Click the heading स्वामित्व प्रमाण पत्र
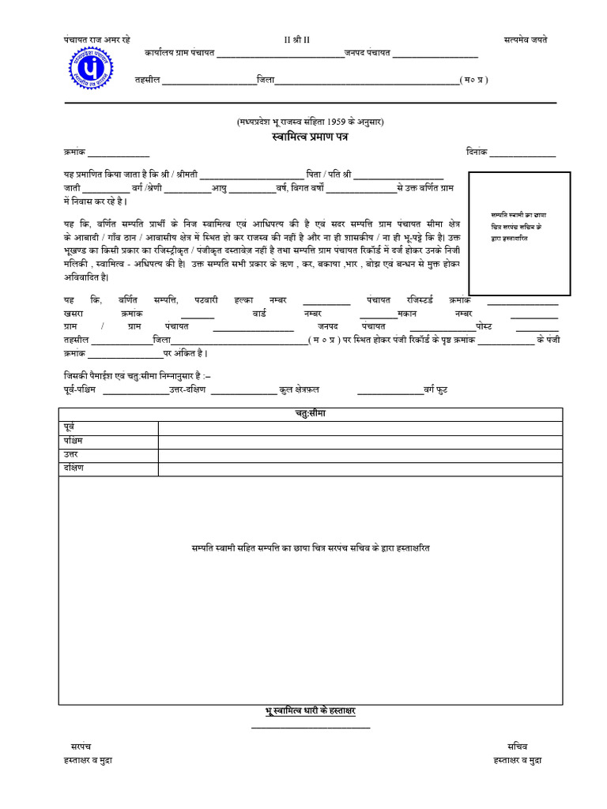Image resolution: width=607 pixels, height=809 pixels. [x=310, y=137]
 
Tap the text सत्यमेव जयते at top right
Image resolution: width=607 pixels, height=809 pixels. [x=525, y=40]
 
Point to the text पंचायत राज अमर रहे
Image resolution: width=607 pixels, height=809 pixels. [x=97, y=40]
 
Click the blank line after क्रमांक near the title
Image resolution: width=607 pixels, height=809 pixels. [x=119, y=153]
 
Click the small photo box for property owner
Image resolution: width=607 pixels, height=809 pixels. [x=519, y=233]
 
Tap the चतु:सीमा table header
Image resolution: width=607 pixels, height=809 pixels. [x=310, y=414]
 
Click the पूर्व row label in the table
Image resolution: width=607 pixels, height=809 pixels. [x=69, y=427]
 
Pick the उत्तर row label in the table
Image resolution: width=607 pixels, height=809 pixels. [x=71, y=455]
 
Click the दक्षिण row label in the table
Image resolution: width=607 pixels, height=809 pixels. [x=74, y=468]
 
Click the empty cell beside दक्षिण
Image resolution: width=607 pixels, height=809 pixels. [x=360, y=469]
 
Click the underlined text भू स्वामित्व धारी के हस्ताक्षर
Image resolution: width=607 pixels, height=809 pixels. [x=310, y=711]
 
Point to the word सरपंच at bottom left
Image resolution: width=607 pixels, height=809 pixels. [x=78, y=745]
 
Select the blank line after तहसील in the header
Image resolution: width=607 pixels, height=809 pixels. [x=208, y=81]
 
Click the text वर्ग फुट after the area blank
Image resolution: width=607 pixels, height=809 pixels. [x=440, y=390]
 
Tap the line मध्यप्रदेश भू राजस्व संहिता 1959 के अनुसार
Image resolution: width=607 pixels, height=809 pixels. [x=310, y=122]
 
